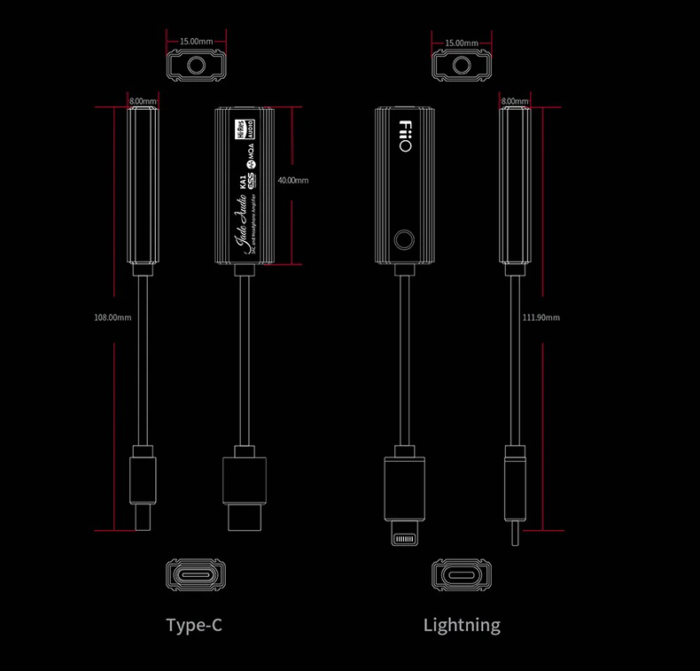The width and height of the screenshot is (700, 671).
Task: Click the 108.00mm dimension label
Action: pyautogui.click(x=113, y=317)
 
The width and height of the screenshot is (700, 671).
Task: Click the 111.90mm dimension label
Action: pyautogui.click(x=542, y=317)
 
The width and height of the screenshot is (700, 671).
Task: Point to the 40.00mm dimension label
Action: pyautogui.click(x=292, y=180)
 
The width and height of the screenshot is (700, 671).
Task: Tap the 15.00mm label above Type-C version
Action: pyautogui.click(x=196, y=42)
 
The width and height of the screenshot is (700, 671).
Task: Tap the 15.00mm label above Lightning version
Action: pyautogui.click(x=462, y=42)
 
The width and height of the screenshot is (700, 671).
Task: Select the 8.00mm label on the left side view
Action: pyautogui.click(x=143, y=102)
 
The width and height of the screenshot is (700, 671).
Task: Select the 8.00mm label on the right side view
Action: pyautogui.click(x=515, y=102)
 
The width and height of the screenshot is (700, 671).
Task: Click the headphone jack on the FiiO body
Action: pyautogui.click(x=405, y=239)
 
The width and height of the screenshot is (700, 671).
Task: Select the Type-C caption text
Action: pyautogui.click(x=194, y=625)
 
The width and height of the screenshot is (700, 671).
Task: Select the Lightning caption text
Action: pyautogui.click(x=462, y=625)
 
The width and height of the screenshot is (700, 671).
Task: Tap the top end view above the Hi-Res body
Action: pyautogui.click(x=196, y=66)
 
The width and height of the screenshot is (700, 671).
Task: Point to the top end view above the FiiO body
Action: pyautogui.click(x=462, y=66)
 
